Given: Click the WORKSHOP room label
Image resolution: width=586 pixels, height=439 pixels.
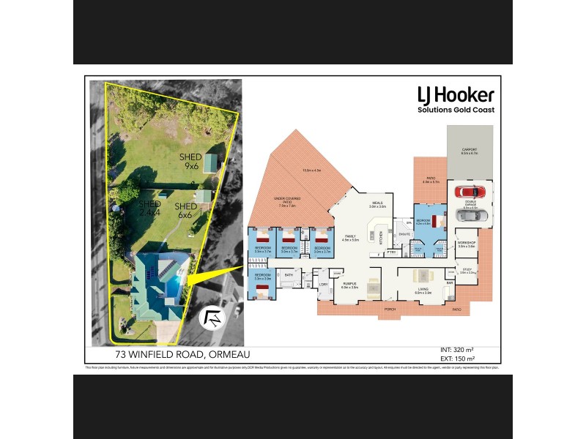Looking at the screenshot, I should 467,242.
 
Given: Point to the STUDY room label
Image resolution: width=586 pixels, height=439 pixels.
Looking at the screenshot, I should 467,270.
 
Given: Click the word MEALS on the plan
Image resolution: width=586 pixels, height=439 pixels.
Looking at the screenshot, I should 378,203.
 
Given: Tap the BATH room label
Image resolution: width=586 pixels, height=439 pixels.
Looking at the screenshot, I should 289,275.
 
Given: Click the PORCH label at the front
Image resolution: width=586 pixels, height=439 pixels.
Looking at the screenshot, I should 390,309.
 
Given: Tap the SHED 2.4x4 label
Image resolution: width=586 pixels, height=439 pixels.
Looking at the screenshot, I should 149,208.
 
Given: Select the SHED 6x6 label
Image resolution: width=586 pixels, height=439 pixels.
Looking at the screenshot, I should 184,211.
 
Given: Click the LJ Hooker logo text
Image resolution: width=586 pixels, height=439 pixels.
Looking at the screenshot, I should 455,95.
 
